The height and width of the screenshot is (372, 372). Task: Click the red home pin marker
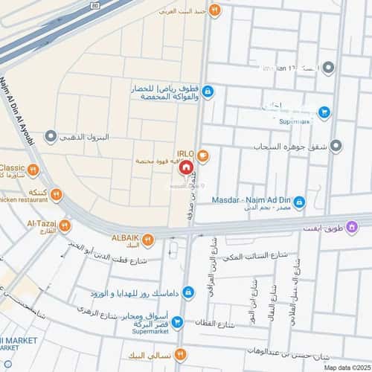click(185, 169)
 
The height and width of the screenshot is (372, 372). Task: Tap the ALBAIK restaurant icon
click(149, 238)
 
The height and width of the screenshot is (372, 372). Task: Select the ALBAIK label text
click(124, 237)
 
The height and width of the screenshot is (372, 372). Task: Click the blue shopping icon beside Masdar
click(298, 202)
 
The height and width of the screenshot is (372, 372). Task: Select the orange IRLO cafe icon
click(203, 155)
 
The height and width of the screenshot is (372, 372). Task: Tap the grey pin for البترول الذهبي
click(51, 137)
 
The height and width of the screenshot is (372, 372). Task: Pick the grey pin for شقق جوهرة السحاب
click(336, 145)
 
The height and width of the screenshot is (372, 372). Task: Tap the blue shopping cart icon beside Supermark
click(324, 112)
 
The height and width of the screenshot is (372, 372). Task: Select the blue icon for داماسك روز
click(189, 292)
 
